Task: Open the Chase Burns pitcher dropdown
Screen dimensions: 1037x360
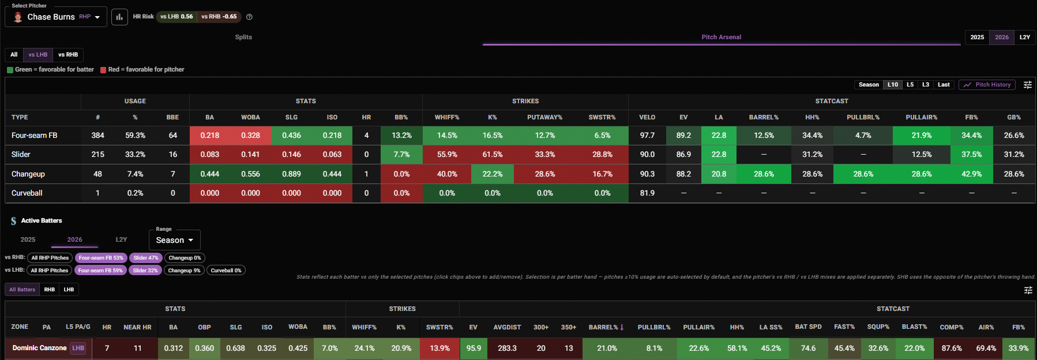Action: [x=56, y=17]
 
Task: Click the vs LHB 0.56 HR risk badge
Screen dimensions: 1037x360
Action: [x=176, y=17]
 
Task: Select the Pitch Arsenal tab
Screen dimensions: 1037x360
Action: [x=721, y=37]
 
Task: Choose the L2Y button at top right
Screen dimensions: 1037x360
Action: [x=1024, y=37]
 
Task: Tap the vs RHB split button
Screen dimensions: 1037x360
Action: [x=68, y=55]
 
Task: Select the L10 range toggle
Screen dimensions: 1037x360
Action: [x=892, y=85]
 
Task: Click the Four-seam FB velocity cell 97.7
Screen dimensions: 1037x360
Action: [x=647, y=136]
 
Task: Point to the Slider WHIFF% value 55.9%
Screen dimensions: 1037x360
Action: [x=447, y=155]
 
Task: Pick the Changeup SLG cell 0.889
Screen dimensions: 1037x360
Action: [x=291, y=174]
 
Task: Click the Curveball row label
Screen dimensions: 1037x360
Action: [x=27, y=193]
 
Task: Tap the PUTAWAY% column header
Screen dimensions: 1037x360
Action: [x=544, y=117]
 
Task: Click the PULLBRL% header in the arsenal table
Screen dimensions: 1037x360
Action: [x=863, y=117]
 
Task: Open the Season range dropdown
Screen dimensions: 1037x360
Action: [x=175, y=240]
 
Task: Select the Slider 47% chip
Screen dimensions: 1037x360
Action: [x=145, y=258]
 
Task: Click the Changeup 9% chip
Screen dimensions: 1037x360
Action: [x=185, y=271]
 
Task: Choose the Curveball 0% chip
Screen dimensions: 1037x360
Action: [x=226, y=271]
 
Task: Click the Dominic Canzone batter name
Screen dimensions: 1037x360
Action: [x=40, y=348]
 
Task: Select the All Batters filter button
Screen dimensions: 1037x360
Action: [x=22, y=290]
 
